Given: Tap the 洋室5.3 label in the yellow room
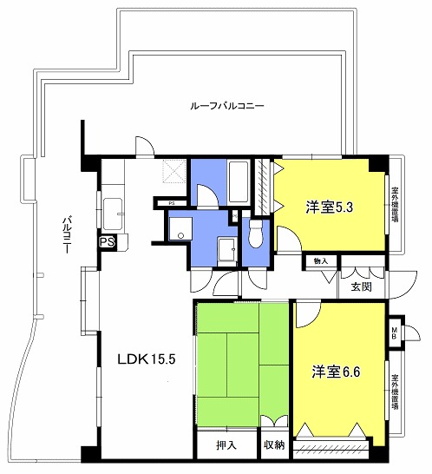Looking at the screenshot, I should pos(328,207).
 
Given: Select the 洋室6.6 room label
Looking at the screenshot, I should pos(335,372).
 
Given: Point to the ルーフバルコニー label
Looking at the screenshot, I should pos(227,106).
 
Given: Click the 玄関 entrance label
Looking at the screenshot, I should pos(361,286).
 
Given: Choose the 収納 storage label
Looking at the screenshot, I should pos(273,444).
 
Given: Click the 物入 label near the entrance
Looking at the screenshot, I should pos(320,260).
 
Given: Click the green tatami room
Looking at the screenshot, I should pos(241,365).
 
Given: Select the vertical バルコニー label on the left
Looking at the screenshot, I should pos(63,232).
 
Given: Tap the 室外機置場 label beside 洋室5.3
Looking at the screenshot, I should pos(395,205).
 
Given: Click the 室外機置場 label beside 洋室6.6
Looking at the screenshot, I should pos(395,392).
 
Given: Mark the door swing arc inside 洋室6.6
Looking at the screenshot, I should pos(305,314).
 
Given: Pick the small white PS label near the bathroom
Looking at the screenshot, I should pos(172,203).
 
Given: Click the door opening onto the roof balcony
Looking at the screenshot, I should pos(144,146).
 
